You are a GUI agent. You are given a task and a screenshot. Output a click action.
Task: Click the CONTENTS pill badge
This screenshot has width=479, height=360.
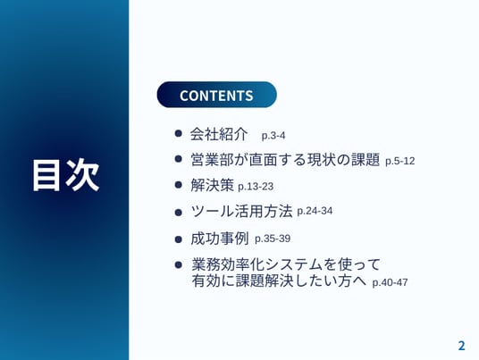(x=216, y=95)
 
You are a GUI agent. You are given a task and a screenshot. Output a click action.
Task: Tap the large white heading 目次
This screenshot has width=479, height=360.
(x=66, y=175)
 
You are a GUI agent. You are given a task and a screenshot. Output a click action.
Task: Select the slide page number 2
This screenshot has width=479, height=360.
(x=462, y=346)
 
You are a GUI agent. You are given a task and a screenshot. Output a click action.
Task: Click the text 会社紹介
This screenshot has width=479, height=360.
(x=219, y=134)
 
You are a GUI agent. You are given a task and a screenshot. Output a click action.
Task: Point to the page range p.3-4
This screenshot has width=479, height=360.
(x=273, y=135)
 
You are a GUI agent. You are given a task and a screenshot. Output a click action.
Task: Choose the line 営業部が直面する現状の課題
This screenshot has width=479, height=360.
(x=285, y=160)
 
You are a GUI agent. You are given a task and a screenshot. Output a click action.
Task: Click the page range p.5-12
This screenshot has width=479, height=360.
(x=399, y=161)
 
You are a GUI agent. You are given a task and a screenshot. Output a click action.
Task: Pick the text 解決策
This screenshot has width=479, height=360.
(x=212, y=185)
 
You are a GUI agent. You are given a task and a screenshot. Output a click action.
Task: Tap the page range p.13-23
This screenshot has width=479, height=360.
(x=256, y=187)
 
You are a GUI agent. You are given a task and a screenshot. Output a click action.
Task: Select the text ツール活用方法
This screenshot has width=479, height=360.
(x=241, y=211)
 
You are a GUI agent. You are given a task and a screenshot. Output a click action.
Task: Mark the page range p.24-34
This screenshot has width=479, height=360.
(x=315, y=211)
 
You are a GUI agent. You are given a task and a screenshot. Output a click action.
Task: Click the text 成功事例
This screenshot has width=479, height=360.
(x=219, y=239)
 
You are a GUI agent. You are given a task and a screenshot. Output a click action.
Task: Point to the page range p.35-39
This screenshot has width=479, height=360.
(x=273, y=239)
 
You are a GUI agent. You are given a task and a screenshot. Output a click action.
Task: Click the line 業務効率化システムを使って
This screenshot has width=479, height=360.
(x=286, y=264)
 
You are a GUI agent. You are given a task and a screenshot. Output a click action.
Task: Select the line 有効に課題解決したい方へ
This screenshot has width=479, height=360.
(x=279, y=280)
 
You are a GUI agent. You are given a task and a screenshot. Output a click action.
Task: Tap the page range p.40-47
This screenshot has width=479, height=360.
(x=390, y=282)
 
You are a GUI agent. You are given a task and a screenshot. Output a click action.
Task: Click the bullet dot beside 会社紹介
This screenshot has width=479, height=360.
(x=179, y=133)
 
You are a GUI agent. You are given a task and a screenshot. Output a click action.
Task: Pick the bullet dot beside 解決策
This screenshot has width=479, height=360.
(x=179, y=185)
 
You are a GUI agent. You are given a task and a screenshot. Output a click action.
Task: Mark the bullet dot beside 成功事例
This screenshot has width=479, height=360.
(x=179, y=239)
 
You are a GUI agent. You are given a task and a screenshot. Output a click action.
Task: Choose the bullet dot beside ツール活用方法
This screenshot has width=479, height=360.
(x=179, y=213)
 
